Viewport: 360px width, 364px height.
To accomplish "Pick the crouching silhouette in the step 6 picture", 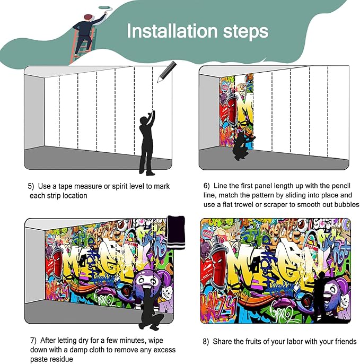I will coord(242,146).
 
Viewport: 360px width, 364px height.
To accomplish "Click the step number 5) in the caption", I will coord(31,187).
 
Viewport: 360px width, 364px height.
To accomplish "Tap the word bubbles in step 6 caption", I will coord(347,204).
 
